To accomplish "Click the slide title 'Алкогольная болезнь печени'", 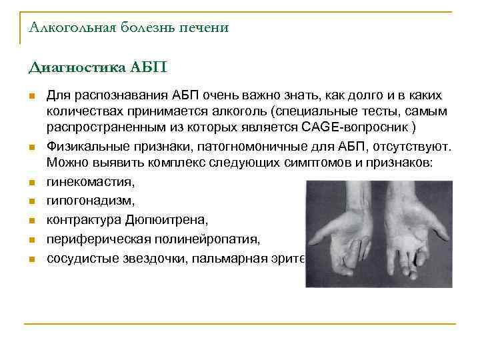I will (129, 27).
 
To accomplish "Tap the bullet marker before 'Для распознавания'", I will (31, 97).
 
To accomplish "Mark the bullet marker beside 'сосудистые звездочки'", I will (31, 257).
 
